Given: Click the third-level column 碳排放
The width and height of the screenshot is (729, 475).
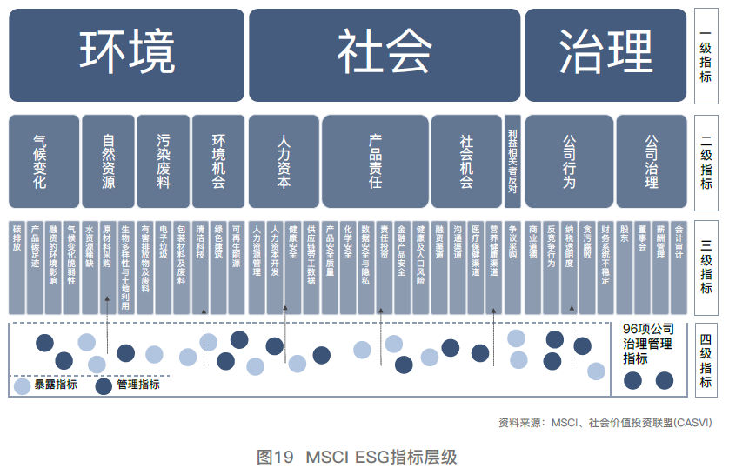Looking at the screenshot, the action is coord(17,265).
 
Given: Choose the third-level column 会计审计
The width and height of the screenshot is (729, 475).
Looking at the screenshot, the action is coord(679,265).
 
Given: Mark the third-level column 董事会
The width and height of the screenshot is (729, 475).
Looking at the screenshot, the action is coord(642,265).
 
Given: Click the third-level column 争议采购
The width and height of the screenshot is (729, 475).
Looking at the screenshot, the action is coord(512,265).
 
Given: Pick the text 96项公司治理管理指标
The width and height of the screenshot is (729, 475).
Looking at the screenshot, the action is coord(648,344).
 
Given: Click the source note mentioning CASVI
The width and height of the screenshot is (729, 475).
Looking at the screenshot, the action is coord(605,424).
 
